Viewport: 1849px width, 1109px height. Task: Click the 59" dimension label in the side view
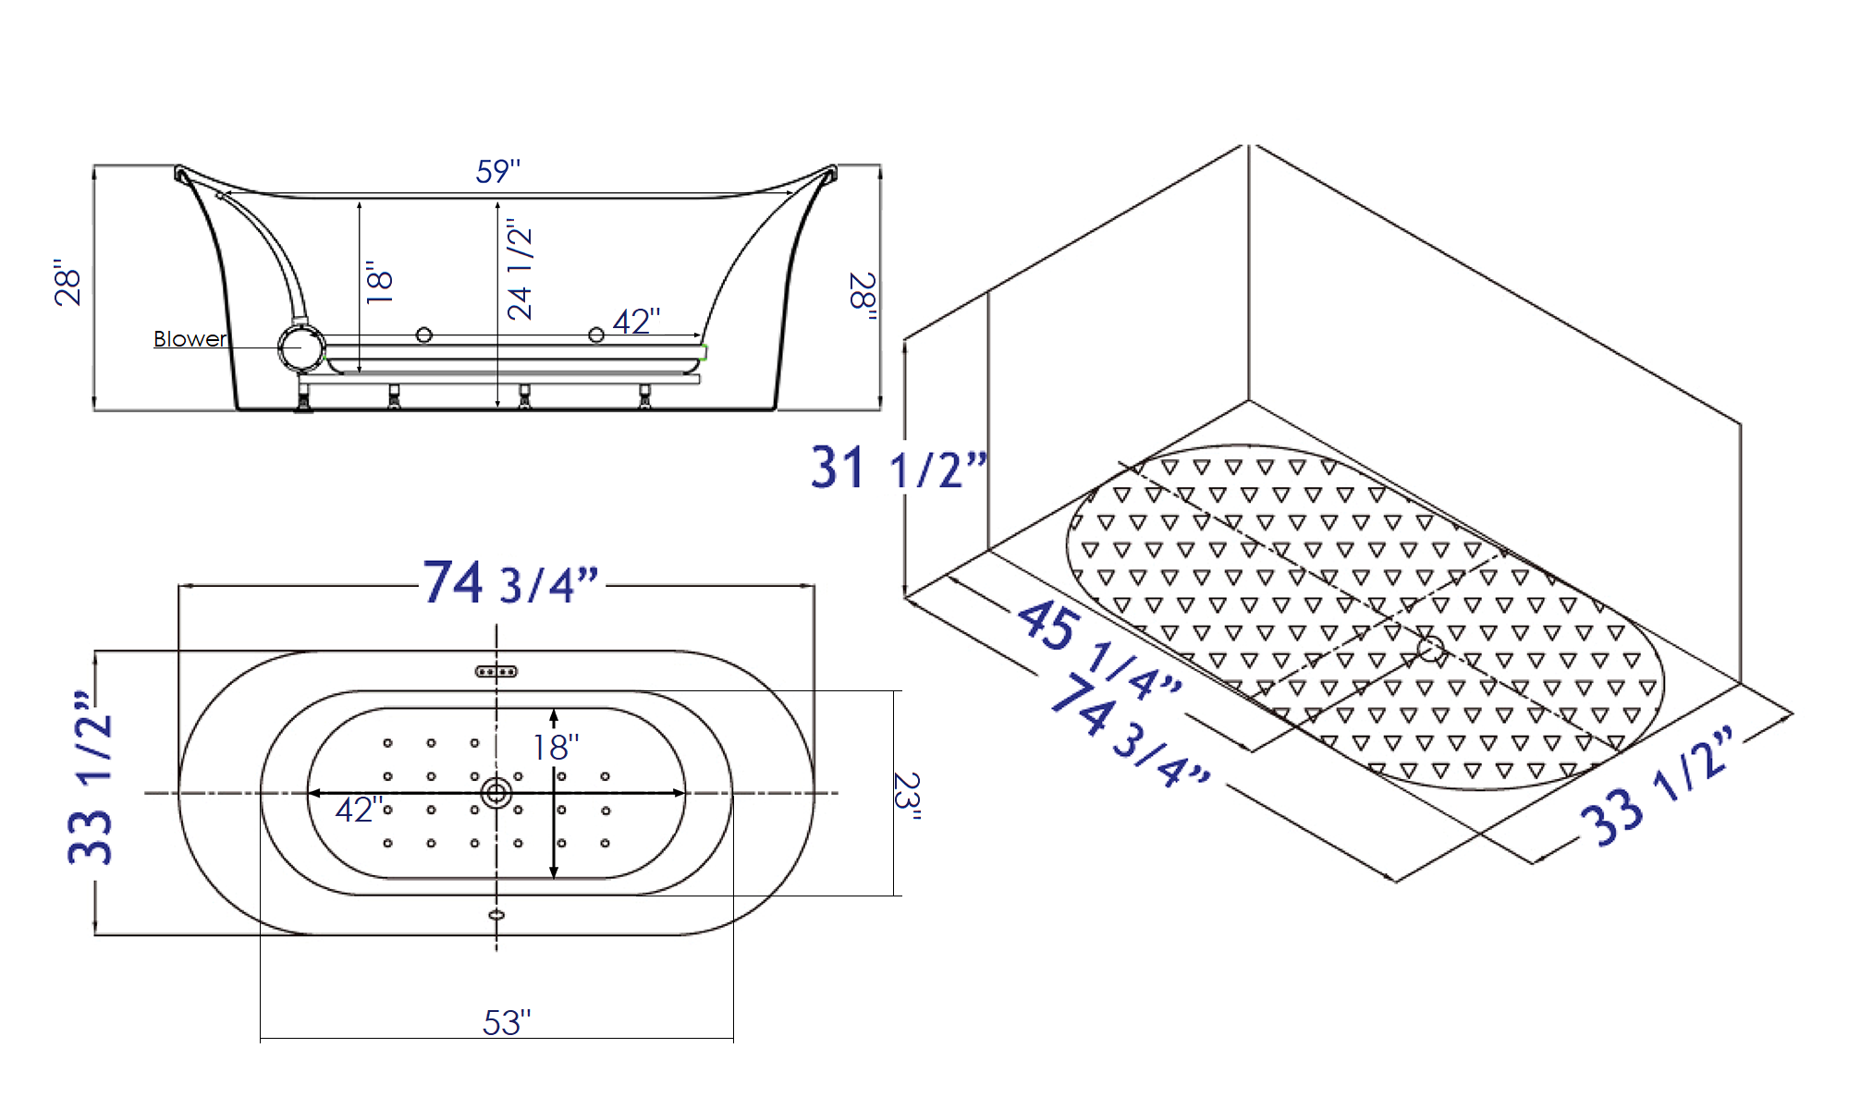(498, 171)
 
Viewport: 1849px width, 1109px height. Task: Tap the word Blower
(190, 339)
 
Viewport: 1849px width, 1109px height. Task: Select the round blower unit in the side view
(301, 347)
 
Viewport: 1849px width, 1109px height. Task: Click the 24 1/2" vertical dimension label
(520, 269)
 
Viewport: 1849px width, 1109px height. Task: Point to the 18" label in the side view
(380, 282)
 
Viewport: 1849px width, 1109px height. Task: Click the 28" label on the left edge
(67, 282)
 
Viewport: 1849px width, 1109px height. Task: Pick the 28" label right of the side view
(863, 297)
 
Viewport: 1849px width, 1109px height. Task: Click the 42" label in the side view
(636, 322)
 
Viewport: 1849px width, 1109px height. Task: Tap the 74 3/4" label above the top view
(510, 583)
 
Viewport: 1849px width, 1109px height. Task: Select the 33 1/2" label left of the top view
(91, 777)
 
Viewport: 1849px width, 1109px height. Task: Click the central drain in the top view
(496, 793)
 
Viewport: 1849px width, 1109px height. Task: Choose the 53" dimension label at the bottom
(507, 1023)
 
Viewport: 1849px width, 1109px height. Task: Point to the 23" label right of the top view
(907, 796)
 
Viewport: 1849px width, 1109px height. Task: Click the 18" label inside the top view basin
(556, 747)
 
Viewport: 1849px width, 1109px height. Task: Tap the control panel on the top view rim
(496, 672)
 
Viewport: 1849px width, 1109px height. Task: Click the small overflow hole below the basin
(496, 915)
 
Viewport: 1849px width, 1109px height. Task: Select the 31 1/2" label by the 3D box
(898, 469)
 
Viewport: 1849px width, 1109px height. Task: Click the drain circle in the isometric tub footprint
(1430, 649)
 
